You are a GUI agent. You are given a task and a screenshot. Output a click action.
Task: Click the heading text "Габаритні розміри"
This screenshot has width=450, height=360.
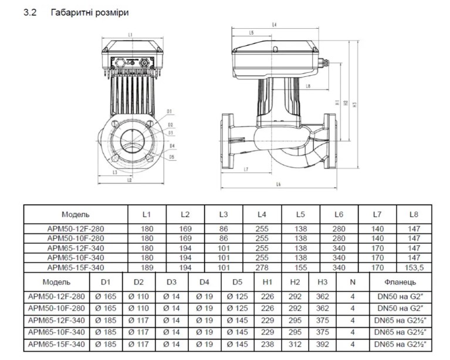(x=90, y=12)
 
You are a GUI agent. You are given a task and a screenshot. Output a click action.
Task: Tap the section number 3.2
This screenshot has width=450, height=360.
(x=31, y=12)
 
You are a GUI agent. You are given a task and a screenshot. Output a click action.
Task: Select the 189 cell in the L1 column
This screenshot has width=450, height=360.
(x=147, y=267)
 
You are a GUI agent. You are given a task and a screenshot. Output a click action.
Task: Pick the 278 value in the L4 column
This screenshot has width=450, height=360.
(x=262, y=267)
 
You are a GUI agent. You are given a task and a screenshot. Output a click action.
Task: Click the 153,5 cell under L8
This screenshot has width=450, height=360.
(x=414, y=267)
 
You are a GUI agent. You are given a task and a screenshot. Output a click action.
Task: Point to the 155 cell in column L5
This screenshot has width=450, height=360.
(x=300, y=267)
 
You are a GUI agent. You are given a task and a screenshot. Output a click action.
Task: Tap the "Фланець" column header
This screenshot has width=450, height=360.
(x=401, y=282)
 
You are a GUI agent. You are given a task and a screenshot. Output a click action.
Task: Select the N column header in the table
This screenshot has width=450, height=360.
(x=352, y=282)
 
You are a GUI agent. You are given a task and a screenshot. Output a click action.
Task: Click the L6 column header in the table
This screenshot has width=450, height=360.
(x=339, y=215)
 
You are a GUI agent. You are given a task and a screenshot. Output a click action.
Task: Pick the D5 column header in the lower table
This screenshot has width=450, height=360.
(x=237, y=282)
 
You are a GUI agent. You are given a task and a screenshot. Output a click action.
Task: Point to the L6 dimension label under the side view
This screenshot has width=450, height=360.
(x=278, y=185)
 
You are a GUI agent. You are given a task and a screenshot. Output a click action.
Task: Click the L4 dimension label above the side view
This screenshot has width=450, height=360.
(x=275, y=25)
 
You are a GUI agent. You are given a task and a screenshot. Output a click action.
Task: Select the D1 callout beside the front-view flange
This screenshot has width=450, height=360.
(x=170, y=111)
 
